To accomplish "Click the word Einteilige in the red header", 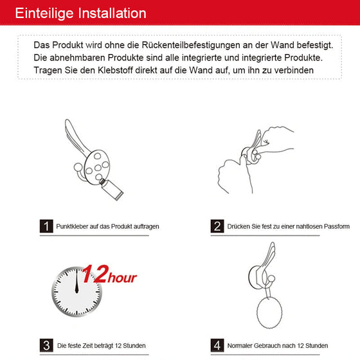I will [44, 14].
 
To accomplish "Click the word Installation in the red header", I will [110, 14].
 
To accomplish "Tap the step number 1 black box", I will [46, 226].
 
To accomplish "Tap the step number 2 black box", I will [217, 226].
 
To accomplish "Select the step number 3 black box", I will [46, 345].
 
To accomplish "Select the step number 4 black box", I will [217, 345].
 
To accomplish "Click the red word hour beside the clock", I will [123, 278].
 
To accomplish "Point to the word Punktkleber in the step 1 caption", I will [73, 227].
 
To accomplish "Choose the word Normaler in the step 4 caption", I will [240, 345].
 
